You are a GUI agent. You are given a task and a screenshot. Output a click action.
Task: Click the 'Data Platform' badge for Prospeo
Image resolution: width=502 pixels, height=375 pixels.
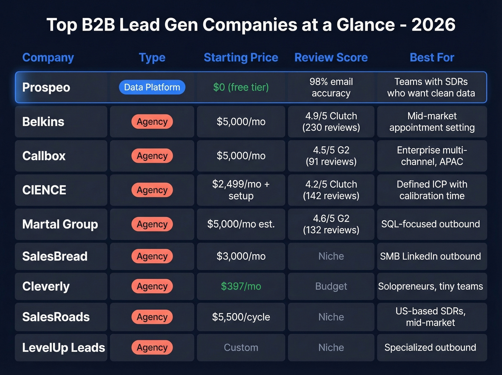152,87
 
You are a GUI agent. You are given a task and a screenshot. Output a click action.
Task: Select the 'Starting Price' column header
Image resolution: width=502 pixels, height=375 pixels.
241,57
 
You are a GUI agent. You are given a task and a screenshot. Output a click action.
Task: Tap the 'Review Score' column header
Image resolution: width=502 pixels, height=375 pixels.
331,57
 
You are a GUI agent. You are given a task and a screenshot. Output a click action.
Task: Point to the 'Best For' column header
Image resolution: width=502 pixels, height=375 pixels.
432,57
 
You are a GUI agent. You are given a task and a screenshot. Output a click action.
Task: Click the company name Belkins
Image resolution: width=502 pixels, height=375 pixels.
43,122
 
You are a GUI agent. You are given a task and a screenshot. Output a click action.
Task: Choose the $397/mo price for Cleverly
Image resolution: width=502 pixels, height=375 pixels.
241,286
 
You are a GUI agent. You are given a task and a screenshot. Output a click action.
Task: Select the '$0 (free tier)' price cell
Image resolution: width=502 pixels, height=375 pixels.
241,87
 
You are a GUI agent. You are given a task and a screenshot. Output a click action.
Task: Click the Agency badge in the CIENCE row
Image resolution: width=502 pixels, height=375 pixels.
152,190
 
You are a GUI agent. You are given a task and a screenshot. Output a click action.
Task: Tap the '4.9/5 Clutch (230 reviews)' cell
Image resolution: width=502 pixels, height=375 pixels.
331,122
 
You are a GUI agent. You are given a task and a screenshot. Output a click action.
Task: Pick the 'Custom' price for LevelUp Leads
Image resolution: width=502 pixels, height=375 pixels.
241,347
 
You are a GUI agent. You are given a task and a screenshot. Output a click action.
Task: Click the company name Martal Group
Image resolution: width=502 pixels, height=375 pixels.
60,224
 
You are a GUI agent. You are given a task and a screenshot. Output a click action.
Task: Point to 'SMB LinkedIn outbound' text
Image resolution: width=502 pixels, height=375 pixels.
430,256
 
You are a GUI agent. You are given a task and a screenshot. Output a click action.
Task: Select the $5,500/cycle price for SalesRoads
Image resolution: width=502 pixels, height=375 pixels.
241,317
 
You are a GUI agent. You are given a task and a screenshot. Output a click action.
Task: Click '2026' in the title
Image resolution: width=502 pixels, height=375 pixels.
433,25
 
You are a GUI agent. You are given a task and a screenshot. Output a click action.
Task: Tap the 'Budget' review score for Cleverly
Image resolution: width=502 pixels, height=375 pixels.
331,286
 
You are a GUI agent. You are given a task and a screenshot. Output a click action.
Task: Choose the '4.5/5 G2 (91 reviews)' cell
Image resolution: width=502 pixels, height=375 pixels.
331,156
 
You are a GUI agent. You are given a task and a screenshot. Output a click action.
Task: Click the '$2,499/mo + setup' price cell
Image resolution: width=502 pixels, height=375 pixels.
241,190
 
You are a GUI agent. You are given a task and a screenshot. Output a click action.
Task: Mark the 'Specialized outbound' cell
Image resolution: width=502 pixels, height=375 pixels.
430,347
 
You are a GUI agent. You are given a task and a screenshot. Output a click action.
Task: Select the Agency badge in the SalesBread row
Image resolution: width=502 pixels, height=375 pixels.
152,256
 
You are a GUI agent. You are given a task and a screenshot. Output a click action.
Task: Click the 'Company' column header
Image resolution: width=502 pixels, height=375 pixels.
48,57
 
